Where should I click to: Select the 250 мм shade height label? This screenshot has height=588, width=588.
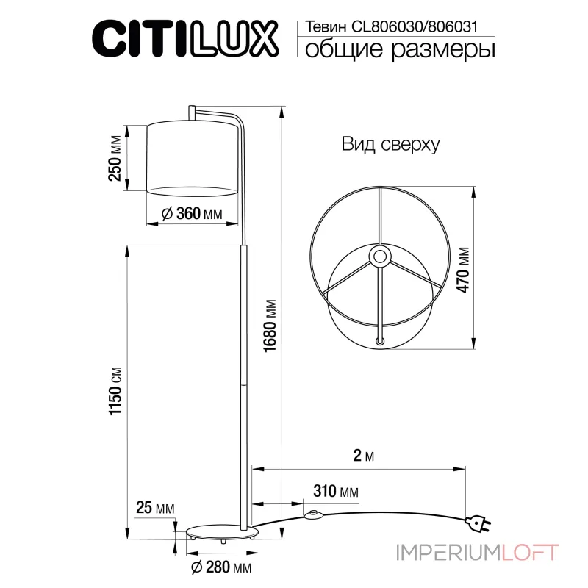[x=115, y=159]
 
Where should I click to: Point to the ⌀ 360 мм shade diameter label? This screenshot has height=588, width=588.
[x=191, y=214]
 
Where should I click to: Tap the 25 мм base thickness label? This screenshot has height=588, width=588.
[x=155, y=508]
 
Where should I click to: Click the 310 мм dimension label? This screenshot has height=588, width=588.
[x=335, y=490]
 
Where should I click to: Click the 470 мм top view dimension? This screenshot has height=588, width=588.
[x=463, y=269]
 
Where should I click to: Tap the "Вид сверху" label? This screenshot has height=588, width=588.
[x=390, y=145]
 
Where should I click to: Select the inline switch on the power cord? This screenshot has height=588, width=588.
[x=316, y=514]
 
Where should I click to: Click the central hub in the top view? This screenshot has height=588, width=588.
[x=380, y=257]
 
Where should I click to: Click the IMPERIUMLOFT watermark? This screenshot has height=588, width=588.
[x=478, y=551]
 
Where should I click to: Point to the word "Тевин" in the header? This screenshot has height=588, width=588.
[x=321, y=26]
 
